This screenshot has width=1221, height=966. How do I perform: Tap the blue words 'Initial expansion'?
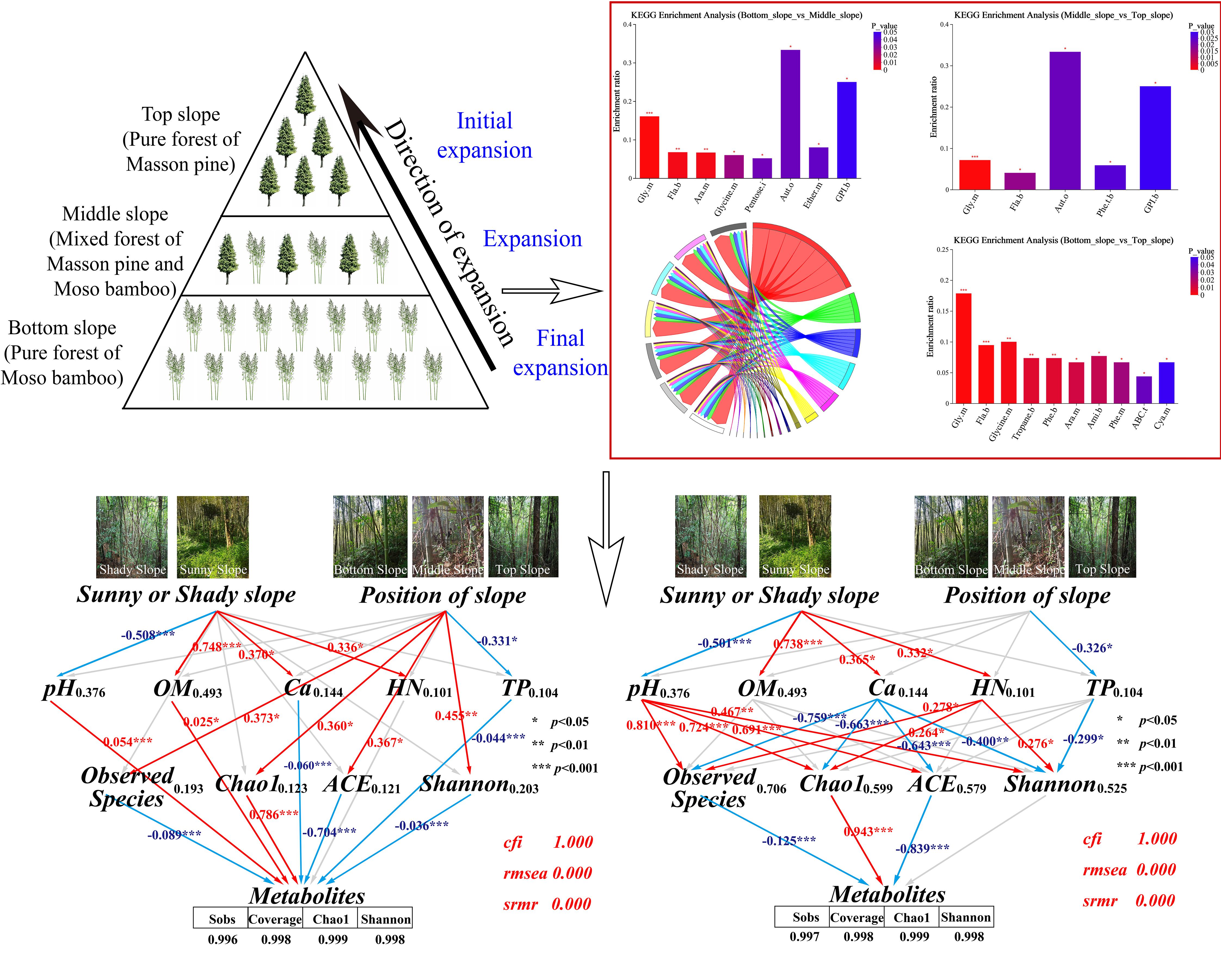click(484, 136)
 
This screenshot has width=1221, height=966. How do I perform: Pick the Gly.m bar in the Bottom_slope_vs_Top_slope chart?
click(963, 348)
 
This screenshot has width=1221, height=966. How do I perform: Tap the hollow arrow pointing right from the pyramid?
click(552, 291)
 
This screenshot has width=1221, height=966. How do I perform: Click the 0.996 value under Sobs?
click(222, 939)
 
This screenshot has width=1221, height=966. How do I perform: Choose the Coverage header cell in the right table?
click(857, 917)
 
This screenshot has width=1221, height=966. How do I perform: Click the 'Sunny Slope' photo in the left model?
click(213, 536)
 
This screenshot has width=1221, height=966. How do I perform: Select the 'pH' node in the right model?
click(643, 689)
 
